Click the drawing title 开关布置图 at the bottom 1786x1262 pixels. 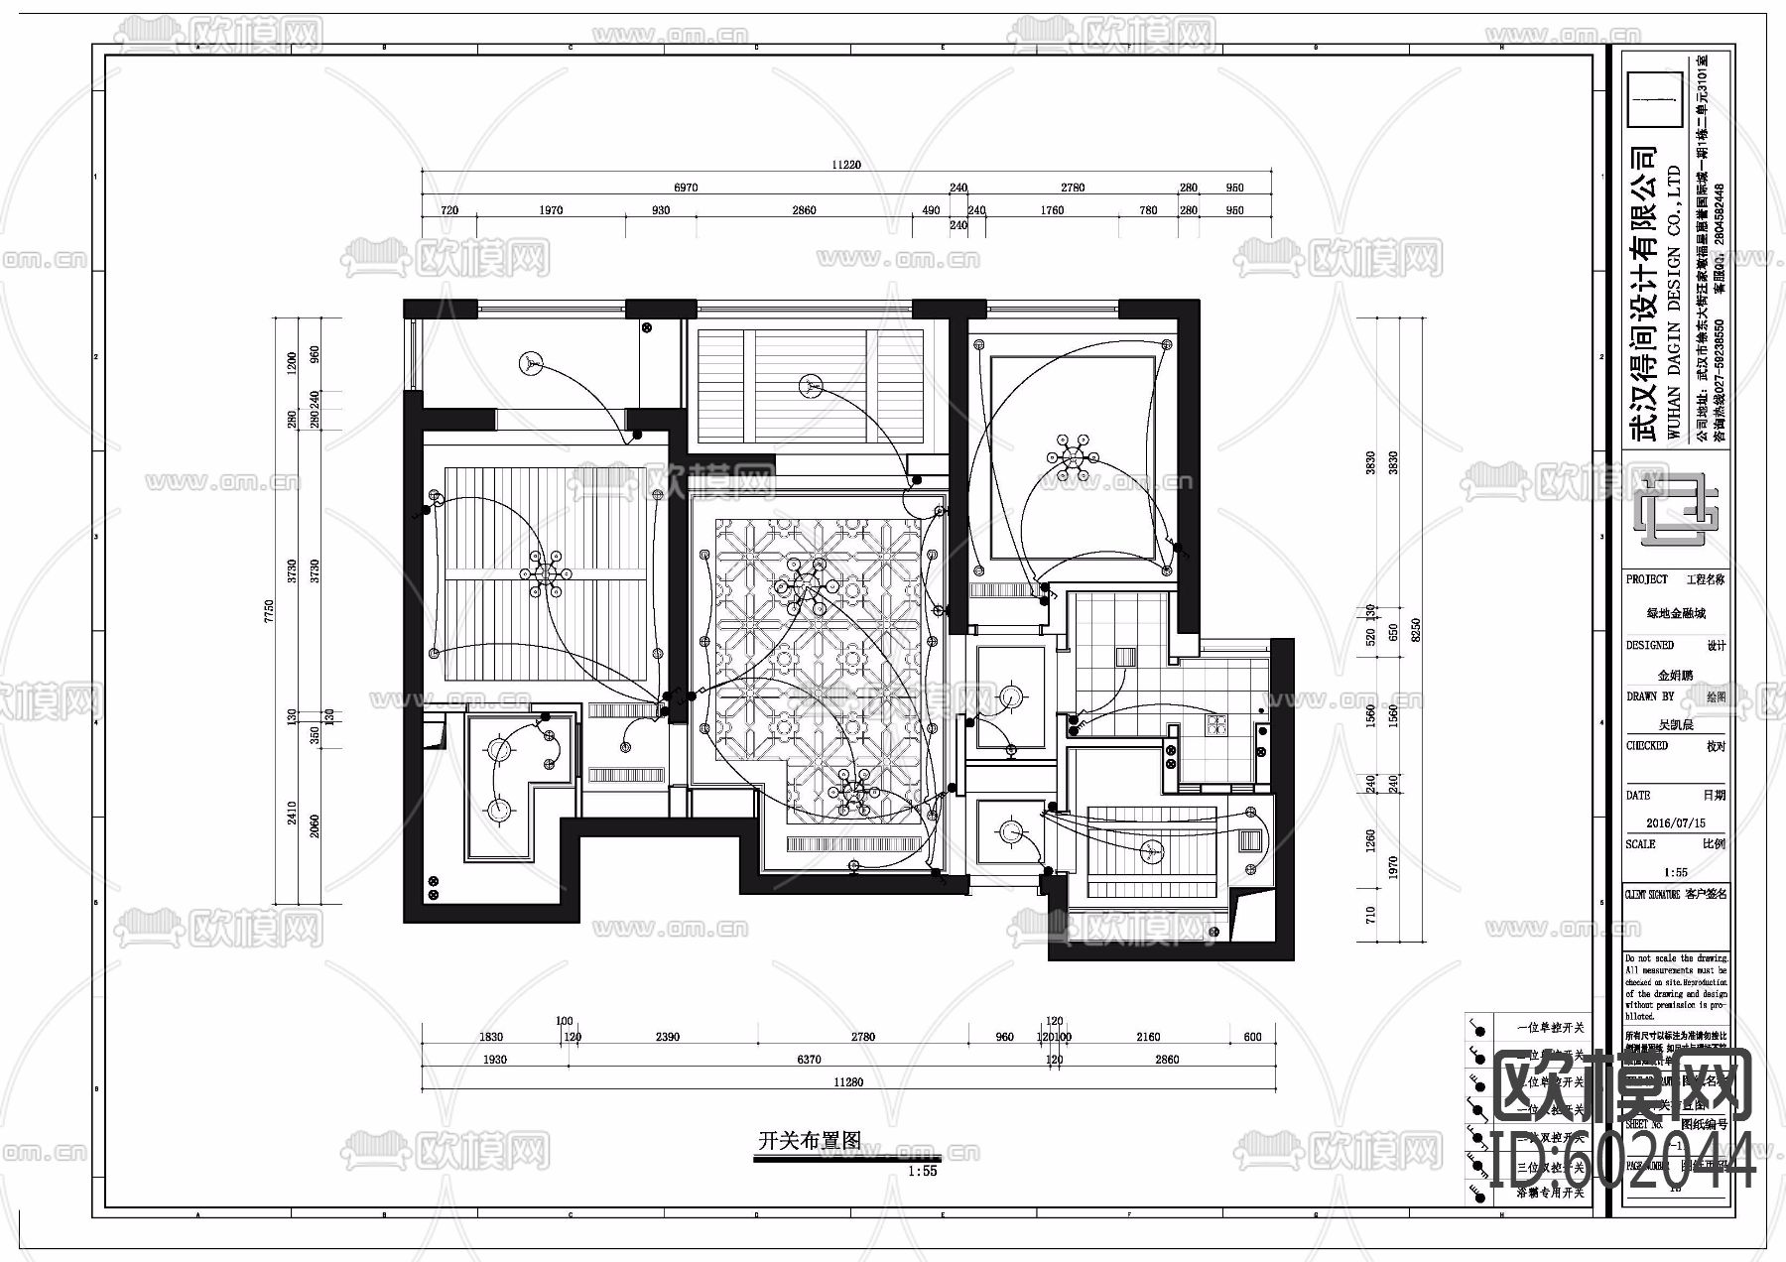(809, 1141)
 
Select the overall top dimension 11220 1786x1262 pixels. (846, 166)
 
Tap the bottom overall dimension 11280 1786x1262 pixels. (848, 1082)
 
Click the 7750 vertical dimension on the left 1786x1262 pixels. (268, 611)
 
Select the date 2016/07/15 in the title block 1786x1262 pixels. (1675, 823)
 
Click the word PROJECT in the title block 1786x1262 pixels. (1647, 579)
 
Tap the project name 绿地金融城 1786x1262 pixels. (1676, 614)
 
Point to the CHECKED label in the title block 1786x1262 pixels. (1647, 746)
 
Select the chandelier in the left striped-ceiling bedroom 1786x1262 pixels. (545, 574)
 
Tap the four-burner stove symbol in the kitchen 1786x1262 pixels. (1215, 725)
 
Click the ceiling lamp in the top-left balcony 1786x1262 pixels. (532, 364)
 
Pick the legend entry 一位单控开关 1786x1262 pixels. (1551, 1028)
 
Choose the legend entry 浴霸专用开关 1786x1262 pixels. (1551, 1194)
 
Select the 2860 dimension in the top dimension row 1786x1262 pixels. (804, 210)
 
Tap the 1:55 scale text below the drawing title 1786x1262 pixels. (922, 1171)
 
